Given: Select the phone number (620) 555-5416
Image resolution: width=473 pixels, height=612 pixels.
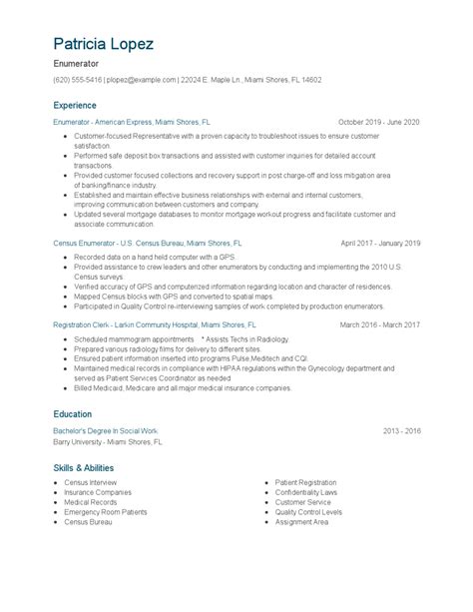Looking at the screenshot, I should click(x=78, y=80).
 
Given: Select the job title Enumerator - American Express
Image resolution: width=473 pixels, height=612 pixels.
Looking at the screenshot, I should click(x=132, y=122).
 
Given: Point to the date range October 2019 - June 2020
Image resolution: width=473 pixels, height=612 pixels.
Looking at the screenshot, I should click(x=379, y=122).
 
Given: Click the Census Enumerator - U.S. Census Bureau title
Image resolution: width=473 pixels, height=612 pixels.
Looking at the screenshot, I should click(x=148, y=243).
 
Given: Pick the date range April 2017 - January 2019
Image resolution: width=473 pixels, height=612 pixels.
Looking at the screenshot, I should click(x=380, y=243).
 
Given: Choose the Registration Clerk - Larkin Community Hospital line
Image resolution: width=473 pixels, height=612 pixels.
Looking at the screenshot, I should click(x=155, y=325).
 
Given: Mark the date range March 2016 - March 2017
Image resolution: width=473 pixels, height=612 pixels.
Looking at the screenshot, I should click(x=380, y=325).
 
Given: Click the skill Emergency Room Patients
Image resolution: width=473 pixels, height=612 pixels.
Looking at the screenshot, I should click(x=106, y=511).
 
